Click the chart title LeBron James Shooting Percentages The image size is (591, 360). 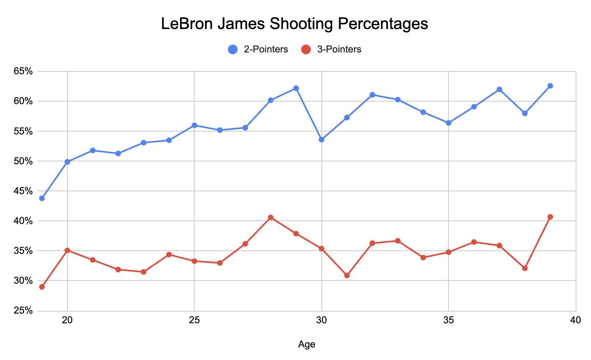point(294,24)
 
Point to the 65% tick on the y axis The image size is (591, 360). point(23,71)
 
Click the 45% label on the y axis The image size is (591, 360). point(23,191)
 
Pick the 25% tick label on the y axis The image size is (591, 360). point(23,310)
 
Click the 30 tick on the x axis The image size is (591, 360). point(321,320)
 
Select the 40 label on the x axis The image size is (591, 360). point(575,320)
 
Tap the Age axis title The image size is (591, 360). point(306,345)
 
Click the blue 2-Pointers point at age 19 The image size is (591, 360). point(42,198)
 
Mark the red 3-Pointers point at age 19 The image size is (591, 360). point(42,287)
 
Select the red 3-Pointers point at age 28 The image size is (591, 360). point(270,218)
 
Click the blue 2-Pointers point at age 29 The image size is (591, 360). point(296,88)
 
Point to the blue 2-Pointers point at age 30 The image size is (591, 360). point(321,140)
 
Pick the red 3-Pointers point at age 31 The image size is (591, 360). point(347,275)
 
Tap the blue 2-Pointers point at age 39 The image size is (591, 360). point(550,86)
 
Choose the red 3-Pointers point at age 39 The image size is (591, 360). point(550,217)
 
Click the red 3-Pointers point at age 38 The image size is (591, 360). point(525,268)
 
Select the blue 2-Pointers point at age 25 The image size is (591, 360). point(194,126)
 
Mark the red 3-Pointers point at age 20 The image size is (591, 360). point(67,251)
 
